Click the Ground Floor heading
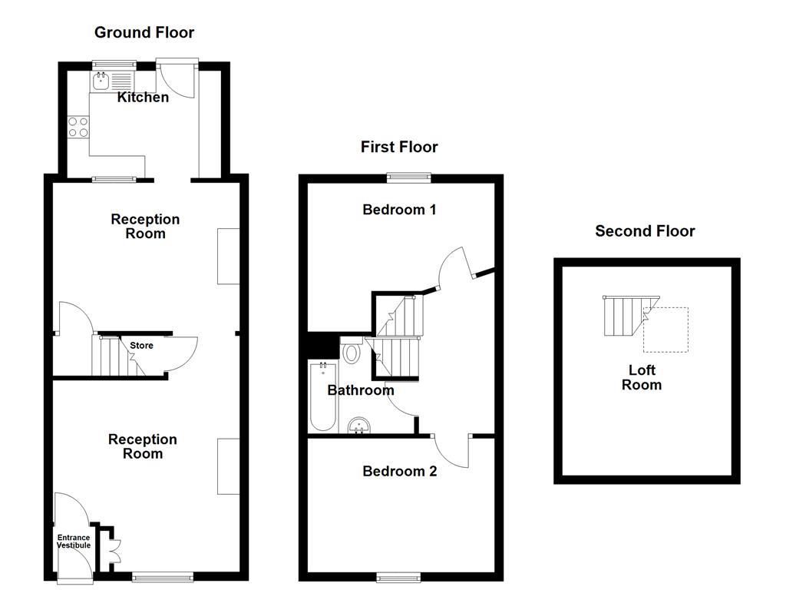tap(144, 32)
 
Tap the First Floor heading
tap(399, 147)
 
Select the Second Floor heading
tap(645, 231)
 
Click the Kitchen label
tap(143, 98)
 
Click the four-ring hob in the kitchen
tap(78, 127)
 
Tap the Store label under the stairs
tap(141, 346)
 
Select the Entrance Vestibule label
tap(74, 542)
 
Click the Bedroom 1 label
tap(399, 210)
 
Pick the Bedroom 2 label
tap(399, 472)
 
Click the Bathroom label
tap(361, 390)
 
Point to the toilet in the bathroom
tap(352, 350)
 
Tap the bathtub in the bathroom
tap(323, 396)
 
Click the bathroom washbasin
tap(359, 426)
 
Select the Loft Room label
tap(642, 378)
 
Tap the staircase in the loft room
tap(631, 316)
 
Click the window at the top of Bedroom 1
tap(408, 177)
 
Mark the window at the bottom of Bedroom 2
tap(398, 578)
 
